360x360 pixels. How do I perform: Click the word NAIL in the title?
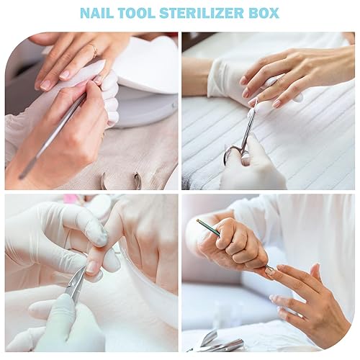(x=96, y=14)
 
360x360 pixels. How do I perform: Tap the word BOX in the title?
(x=265, y=14)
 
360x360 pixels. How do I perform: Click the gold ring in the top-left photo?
(x=93, y=50)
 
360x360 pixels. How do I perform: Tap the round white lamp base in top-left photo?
(x=148, y=108)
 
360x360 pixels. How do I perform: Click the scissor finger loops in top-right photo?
(x=234, y=153)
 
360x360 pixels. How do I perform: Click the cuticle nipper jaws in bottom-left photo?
(x=76, y=288)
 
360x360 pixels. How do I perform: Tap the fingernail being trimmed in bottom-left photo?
(x=93, y=268)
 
